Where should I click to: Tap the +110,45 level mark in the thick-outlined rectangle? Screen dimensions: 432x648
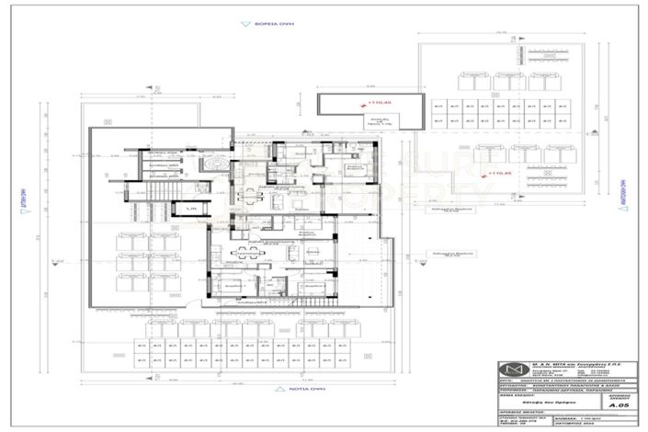(381, 101)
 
